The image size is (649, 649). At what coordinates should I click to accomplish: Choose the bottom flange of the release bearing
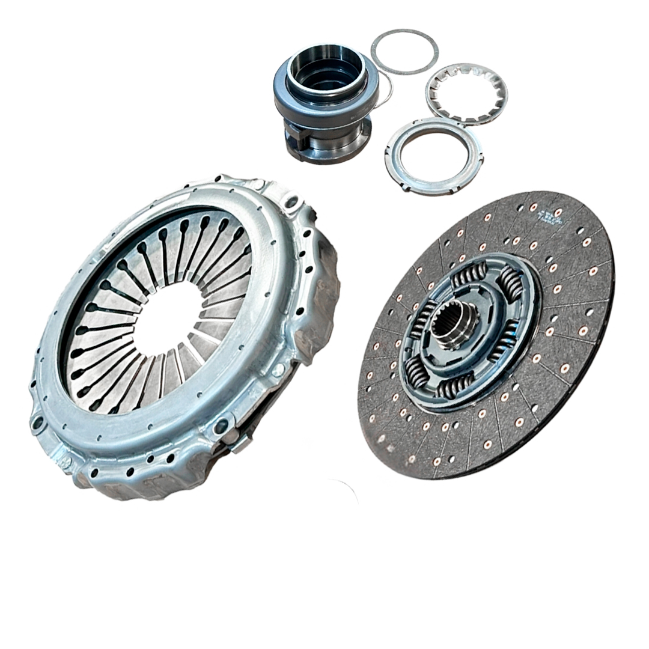tap(337, 153)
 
